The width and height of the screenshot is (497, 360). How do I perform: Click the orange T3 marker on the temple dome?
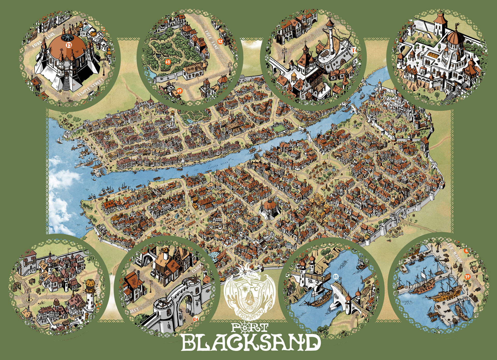click(x=69, y=45)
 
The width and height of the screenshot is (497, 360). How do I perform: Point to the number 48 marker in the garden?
click(x=168, y=62)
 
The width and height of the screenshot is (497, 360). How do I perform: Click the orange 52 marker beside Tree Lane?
click(x=220, y=41)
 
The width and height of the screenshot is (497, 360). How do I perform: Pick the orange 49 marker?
click(x=179, y=91)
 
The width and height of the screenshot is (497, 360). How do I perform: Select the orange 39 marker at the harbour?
click(x=467, y=277)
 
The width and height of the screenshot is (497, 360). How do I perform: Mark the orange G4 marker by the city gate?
click(x=196, y=319)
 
